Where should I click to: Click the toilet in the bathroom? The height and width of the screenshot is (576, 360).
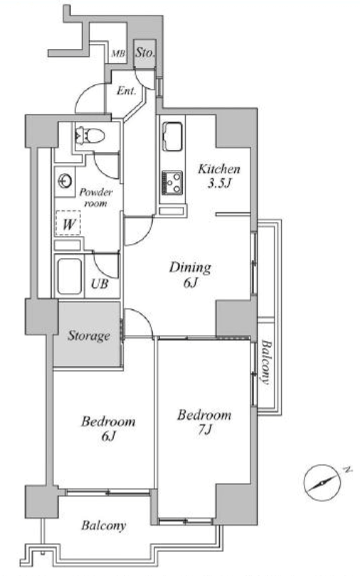pos(90,136)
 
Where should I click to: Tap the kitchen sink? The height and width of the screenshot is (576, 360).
pos(172,137)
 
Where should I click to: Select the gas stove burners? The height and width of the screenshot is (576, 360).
pos(172,183)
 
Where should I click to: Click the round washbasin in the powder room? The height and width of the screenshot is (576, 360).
pos(65,181)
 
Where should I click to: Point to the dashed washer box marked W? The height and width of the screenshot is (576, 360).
pos(68,223)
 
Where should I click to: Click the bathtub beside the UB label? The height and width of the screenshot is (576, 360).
pos(70,277)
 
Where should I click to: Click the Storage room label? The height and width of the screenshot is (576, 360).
pos(89,336)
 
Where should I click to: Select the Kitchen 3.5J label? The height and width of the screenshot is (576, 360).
pos(219,176)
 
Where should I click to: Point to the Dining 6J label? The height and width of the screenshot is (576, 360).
pos(190,274)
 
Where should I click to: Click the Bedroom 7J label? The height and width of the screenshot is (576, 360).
pos(204,422)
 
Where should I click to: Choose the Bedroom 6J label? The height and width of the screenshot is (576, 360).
pos(108,428)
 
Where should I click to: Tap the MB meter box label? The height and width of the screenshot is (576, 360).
pos(118,53)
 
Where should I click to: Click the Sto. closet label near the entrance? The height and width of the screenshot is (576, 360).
pos(144,53)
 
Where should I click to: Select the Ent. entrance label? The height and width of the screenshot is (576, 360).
pos(127,91)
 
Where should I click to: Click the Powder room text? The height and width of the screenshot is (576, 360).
pos(96,198)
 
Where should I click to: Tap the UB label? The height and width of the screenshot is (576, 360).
pos(100,284)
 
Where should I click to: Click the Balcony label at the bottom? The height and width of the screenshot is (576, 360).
pos(104,526)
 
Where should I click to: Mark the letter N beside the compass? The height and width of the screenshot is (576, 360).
pos(346,469)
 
